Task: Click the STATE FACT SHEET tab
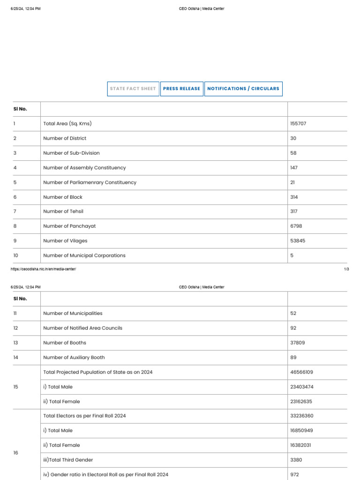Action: [x=133, y=89]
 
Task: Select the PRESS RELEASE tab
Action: [x=181, y=89]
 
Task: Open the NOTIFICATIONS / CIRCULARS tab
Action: [x=243, y=89]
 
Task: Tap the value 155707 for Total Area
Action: [x=299, y=124]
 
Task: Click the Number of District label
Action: [x=65, y=138]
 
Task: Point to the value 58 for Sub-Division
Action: [x=293, y=153]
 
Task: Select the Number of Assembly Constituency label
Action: [x=84, y=168]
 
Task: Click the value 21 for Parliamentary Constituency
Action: [x=293, y=182]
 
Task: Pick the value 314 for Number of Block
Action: [x=294, y=197]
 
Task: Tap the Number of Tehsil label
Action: [x=63, y=212]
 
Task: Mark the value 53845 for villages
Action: [x=298, y=241]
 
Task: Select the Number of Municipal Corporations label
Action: [x=84, y=255]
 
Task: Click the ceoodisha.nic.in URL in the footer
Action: [x=43, y=269]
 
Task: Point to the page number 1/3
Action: [x=346, y=269]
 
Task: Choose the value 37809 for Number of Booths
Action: [x=298, y=343]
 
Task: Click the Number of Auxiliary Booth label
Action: [x=74, y=358]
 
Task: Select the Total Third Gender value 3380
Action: [x=296, y=460]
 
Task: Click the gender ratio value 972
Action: [x=294, y=474]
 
